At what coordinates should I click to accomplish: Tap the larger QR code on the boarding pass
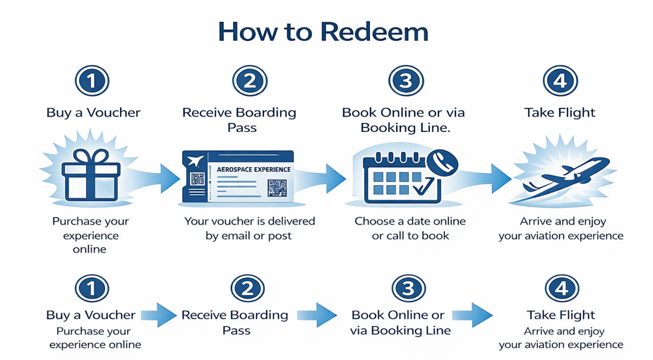coord(277,188)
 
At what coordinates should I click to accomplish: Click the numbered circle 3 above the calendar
coord(405,81)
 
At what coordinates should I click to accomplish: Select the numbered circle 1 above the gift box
coord(92,81)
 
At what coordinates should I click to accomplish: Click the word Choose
coord(374,221)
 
